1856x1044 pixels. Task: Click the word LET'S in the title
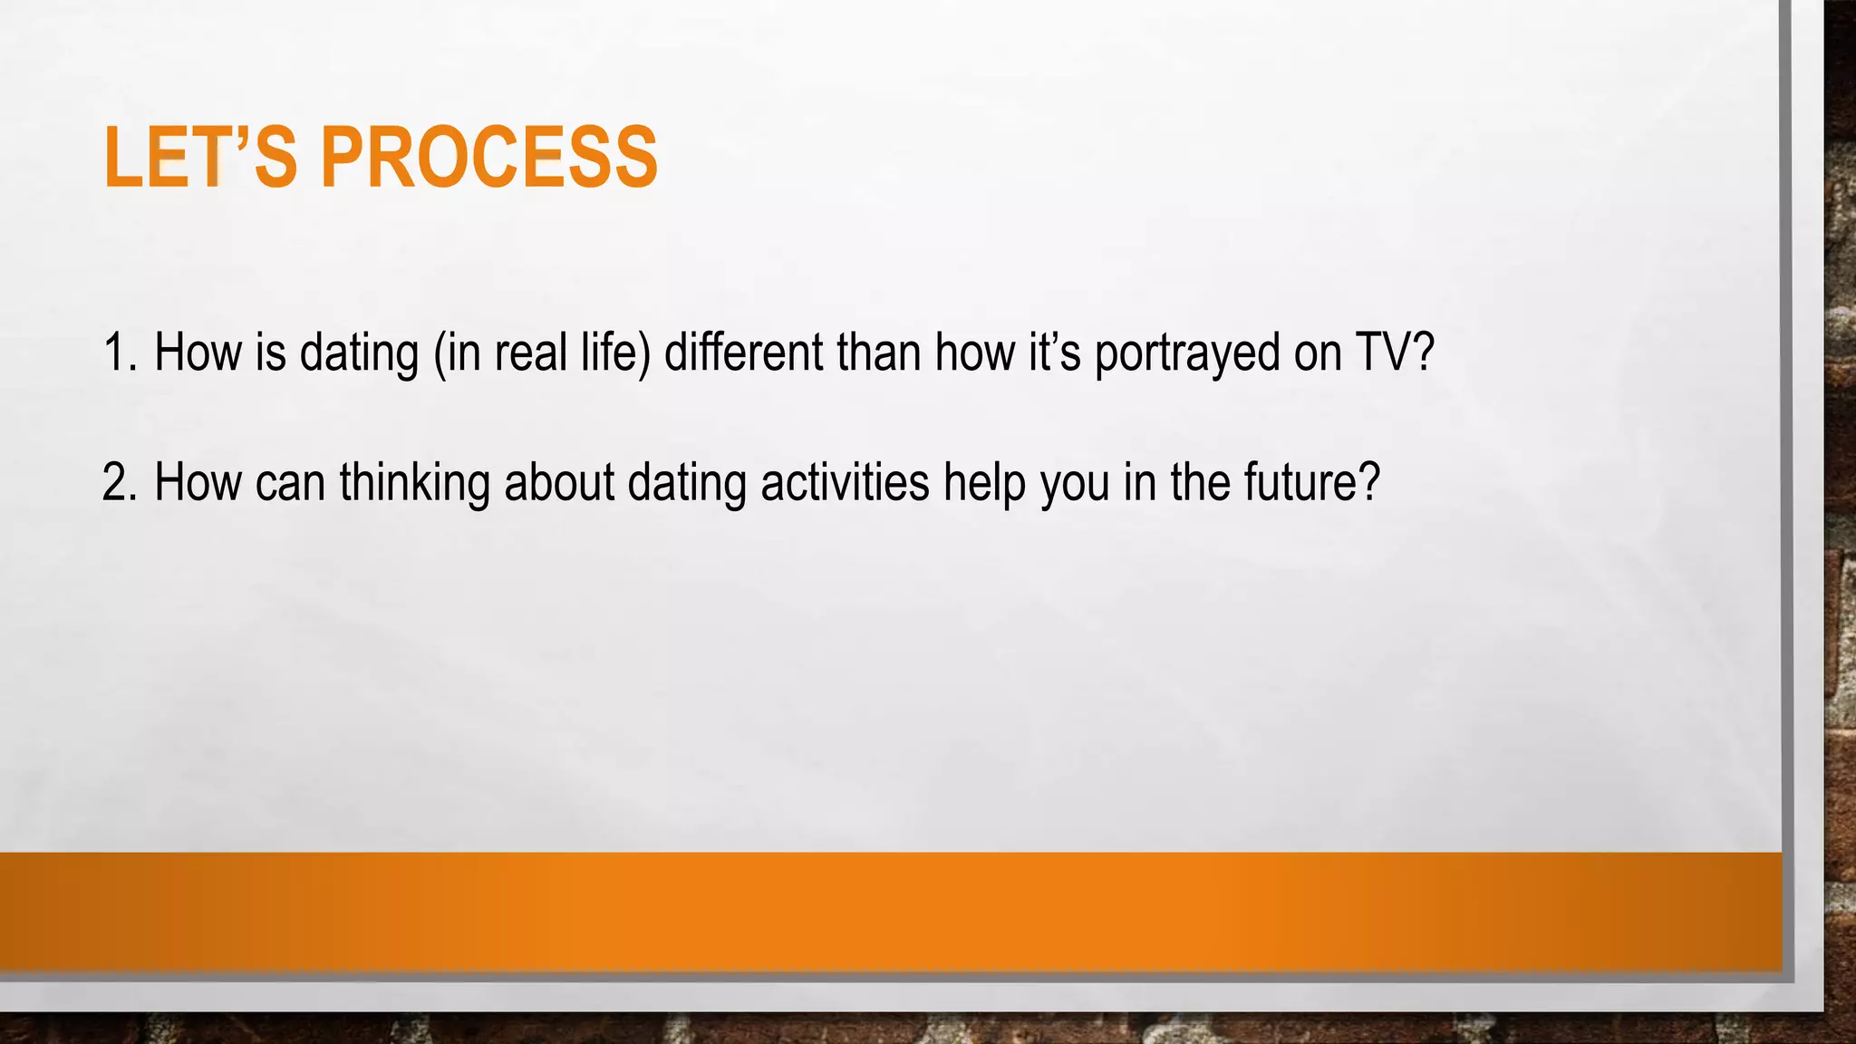[200, 158]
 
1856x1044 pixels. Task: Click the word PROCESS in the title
[488, 158]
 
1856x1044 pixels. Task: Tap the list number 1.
[118, 353]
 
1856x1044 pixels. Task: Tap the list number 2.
[118, 482]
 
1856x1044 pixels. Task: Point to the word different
[743, 353]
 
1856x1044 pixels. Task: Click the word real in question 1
[530, 353]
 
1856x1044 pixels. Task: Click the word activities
[845, 482]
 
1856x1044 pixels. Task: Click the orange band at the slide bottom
[888, 911]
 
